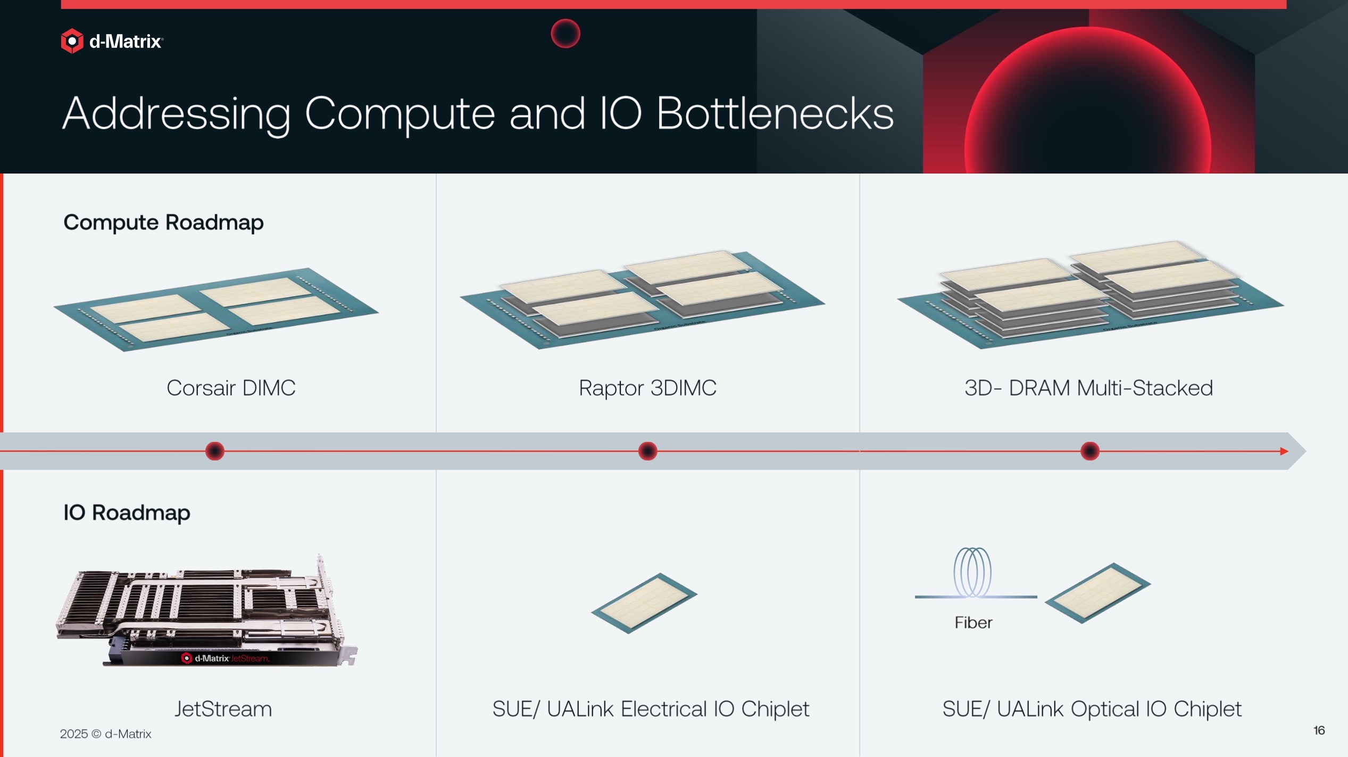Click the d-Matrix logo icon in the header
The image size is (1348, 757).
[72, 41]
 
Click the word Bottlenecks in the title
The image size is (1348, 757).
[775, 113]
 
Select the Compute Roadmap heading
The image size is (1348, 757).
[163, 223]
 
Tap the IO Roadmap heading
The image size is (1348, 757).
[127, 513]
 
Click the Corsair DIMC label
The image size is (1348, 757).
[231, 388]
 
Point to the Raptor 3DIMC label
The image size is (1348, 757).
[647, 388]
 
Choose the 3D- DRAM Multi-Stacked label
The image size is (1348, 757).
[1088, 388]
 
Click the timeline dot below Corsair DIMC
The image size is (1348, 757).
[215, 451]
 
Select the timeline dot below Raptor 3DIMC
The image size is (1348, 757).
[647, 451]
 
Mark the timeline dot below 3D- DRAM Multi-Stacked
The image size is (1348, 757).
[1089, 451]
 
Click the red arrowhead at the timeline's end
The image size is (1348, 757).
[1284, 451]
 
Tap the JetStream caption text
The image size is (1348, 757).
[223, 709]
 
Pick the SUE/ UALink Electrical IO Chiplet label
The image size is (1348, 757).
[651, 709]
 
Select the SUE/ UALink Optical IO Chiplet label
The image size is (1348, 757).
[1092, 709]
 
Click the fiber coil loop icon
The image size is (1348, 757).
[972, 573]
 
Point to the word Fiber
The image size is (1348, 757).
[973, 622]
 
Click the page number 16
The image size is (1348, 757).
[1319, 730]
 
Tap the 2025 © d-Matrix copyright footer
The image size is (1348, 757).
[105, 734]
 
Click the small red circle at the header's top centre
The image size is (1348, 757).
[565, 34]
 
